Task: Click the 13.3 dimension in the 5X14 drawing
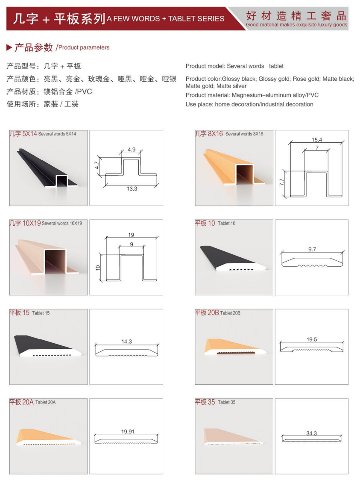[x=132, y=188]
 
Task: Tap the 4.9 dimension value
[x=132, y=150]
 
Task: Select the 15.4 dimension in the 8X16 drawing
[x=316, y=140]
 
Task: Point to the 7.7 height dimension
[x=282, y=182]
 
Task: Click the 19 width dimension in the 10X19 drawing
[x=131, y=235]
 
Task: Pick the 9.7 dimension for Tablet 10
[x=312, y=249]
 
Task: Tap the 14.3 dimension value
[x=126, y=342]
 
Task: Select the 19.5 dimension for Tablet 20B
[x=312, y=339]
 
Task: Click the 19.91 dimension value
[x=128, y=431]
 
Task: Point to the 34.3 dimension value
[x=311, y=433]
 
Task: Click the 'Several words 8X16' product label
[x=244, y=134]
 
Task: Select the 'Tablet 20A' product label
[x=45, y=402]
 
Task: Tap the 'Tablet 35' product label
[x=227, y=402]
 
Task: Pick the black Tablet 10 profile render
[x=232, y=258]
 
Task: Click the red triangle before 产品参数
[x=9, y=47]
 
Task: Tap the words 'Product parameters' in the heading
[x=84, y=47]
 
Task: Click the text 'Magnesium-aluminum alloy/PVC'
[x=275, y=95]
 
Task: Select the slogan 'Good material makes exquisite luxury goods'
[x=296, y=24]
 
